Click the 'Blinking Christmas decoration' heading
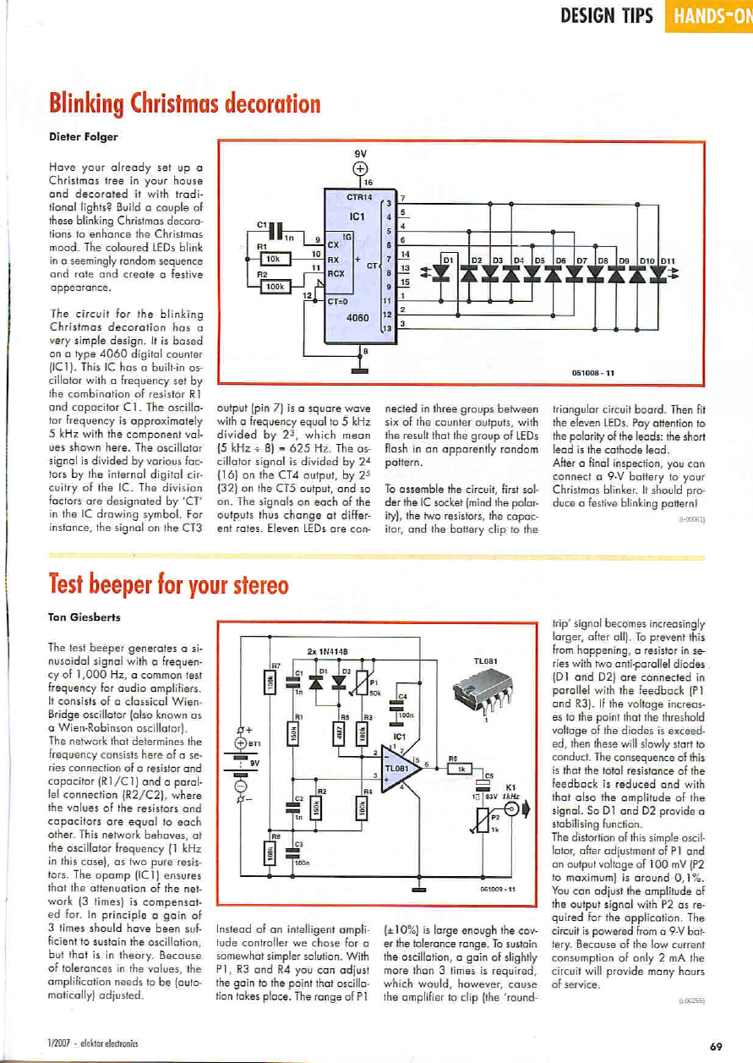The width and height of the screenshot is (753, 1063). pyautogui.click(x=184, y=104)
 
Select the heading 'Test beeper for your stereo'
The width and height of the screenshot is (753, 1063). pyautogui.click(x=168, y=584)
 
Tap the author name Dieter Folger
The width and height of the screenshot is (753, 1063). pyautogui.click(x=82, y=136)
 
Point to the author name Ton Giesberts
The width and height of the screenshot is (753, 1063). pyautogui.click(x=84, y=617)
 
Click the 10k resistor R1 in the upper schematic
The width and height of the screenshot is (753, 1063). pyautogui.click(x=276, y=258)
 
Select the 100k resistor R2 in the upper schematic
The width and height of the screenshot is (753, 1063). pyautogui.click(x=276, y=288)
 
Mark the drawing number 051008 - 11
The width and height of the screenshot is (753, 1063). pyautogui.click(x=594, y=370)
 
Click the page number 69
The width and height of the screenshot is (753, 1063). pyautogui.click(x=716, y=1045)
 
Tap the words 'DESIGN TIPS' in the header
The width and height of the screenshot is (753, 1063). pyautogui.click(x=606, y=16)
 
